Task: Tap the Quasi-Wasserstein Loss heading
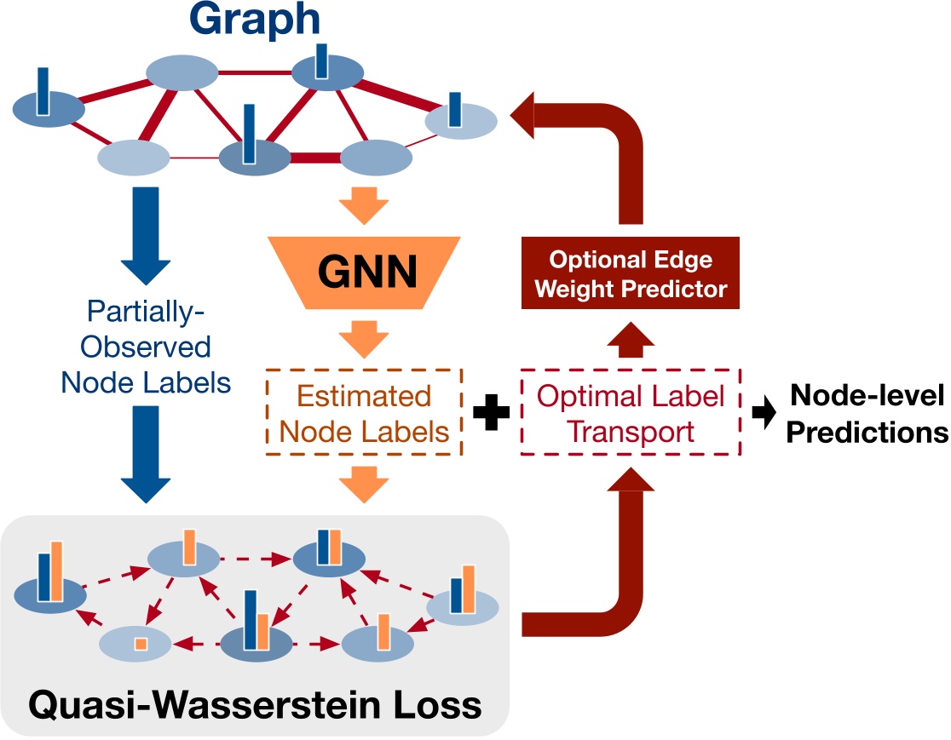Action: coord(255,703)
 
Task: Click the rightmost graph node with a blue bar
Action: coord(460,119)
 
